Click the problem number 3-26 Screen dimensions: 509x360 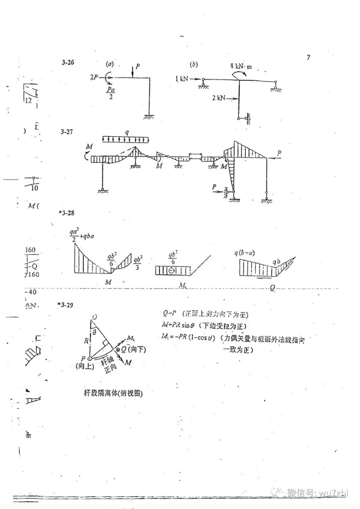tap(68, 62)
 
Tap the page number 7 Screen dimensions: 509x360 tap(308, 57)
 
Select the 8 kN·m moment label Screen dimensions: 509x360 tap(241, 66)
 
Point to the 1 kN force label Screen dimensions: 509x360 tap(182, 79)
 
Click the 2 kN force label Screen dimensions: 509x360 tap(219, 98)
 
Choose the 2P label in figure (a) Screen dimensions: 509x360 tap(94, 77)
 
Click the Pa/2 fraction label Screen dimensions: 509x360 tap(111, 93)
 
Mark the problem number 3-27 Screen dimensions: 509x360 tap(67, 132)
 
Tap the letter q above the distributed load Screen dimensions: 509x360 tap(126, 132)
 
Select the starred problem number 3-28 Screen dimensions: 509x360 tap(66, 213)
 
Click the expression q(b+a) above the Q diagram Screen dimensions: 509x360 tap(244, 253)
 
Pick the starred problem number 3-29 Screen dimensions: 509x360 tap(65, 305)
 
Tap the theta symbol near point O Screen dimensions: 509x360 tap(94, 332)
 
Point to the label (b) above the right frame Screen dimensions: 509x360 tap(193, 64)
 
